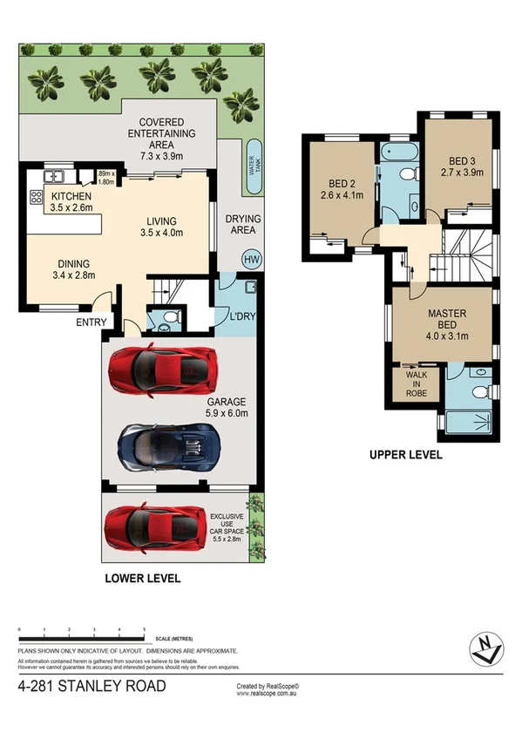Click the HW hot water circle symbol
coord(251,259)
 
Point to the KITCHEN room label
coord(72,198)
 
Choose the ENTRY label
coord(92,322)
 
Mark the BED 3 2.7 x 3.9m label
coord(460,166)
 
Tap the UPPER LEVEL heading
coord(406,455)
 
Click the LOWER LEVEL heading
coord(142,578)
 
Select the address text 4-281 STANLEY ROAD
coord(92,688)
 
